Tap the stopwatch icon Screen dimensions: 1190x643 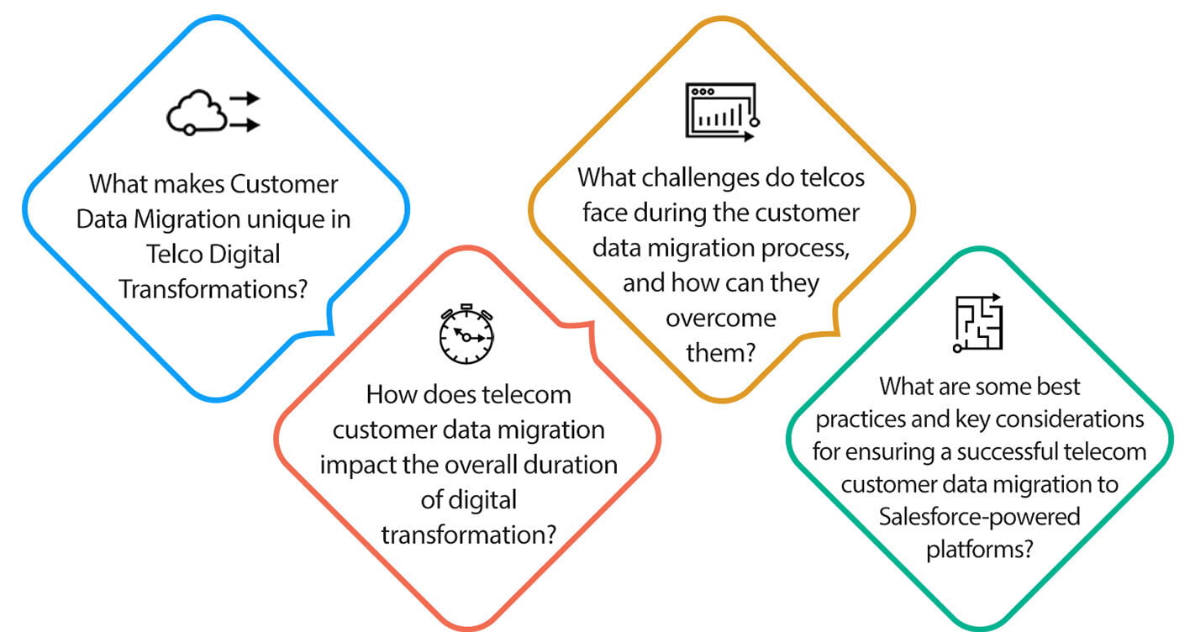click(x=466, y=335)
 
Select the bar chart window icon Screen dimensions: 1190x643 click(x=722, y=112)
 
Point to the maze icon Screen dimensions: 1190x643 click(x=977, y=323)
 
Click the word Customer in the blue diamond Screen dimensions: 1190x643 click(x=284, y=184)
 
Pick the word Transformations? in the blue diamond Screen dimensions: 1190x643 click(x=213, y=290)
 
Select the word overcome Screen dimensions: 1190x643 click(x=721, y=319)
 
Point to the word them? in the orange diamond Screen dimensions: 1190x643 click(x=721, y=353)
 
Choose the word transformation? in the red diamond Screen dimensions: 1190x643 click(x=469, y=535)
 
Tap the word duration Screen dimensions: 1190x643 click(x=571, y=465)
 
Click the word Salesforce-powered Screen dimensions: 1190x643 click(x=980, y=517)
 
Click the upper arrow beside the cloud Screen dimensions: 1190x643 click(x=245, y=98)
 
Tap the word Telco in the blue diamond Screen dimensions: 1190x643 click(x=173, y=255)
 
